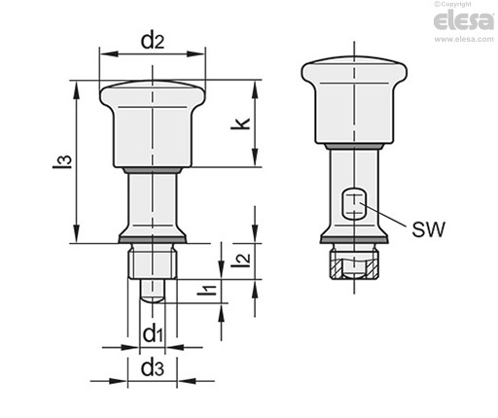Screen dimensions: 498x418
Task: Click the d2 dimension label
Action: point(153,41)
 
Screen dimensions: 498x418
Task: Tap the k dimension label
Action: point(240,123)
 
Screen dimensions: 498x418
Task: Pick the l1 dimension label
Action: point(207,290)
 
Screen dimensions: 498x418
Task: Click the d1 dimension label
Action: point(153,334)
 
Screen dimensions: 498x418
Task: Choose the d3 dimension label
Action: point(153,368)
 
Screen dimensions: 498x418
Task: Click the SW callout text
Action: point(428,229)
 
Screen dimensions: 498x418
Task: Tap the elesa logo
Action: point(464,20)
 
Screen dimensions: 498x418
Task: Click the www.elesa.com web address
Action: point(464,39)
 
